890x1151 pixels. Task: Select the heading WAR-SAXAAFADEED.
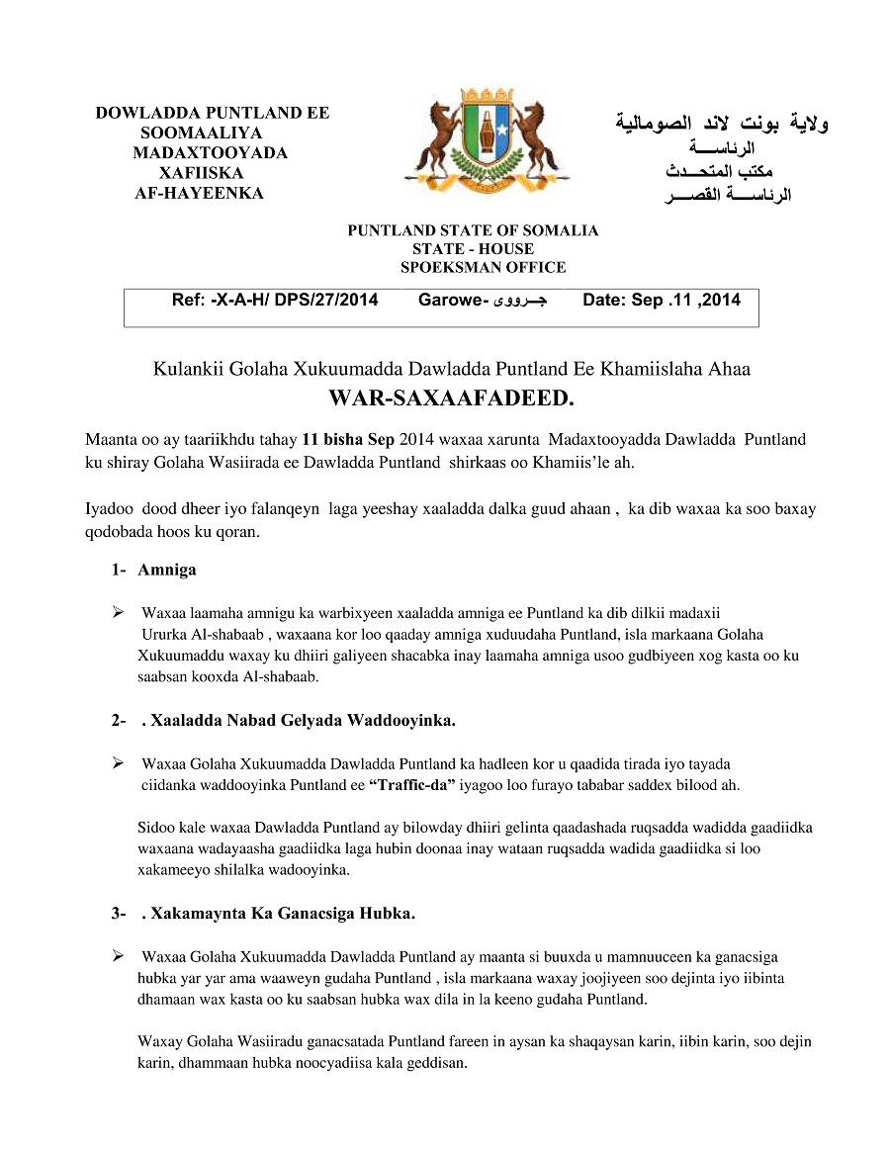click(x=451, y=398)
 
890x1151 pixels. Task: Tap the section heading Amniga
click(x=167, y=570)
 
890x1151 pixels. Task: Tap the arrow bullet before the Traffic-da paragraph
click(x=119, y=763)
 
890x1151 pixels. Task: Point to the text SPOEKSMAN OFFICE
click(x=483, y=267)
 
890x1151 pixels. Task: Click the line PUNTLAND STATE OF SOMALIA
click(x=473, y=230)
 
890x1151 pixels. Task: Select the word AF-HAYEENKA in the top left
click(x=199, y=193)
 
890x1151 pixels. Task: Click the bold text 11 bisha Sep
click(x=348, y=440)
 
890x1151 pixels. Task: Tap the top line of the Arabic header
click(x=722, y=124)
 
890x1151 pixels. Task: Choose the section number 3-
click(x=119, y=913)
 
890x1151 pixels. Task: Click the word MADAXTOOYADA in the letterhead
click(x=210, y=153)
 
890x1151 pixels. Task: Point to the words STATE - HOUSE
click(x=473, y=249)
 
